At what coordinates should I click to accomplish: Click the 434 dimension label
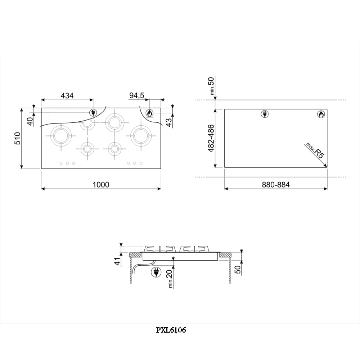67,95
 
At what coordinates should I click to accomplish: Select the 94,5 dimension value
136,95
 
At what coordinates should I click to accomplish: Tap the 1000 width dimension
101,185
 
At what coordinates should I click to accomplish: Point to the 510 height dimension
18,138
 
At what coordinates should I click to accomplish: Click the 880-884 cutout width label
276,185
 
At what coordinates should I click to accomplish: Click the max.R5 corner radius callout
315,151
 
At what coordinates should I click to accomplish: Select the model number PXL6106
171,330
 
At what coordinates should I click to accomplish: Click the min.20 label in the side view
170,279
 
